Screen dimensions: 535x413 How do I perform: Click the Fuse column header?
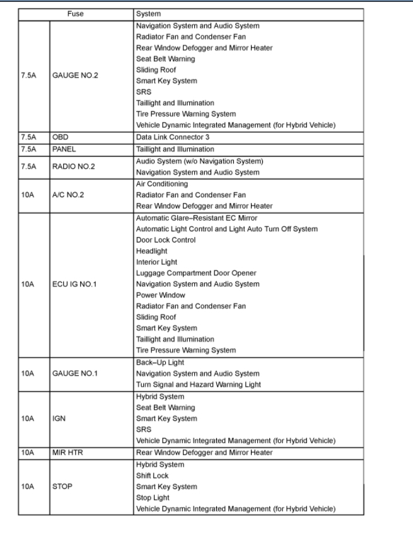point(74,13)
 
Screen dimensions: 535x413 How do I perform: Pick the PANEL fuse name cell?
point(66,149)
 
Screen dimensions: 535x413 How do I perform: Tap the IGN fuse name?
point(60,418)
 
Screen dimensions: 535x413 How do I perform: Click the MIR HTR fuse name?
point(69,452)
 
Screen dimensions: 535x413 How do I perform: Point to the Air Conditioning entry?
point(161,183)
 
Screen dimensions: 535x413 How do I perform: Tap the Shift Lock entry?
point(152,475)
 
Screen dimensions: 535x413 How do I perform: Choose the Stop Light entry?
point(153,498)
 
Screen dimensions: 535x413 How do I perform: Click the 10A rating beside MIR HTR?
point(27,452)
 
